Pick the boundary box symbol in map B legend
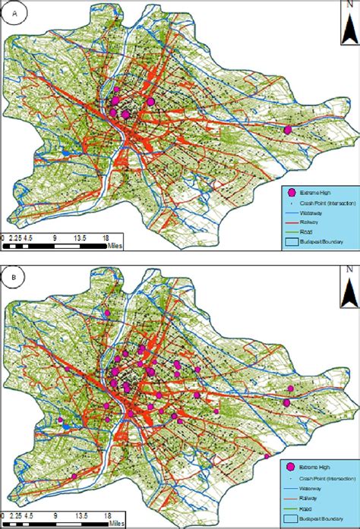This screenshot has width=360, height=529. tap(290, 520)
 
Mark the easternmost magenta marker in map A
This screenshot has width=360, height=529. tap(287, 130)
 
